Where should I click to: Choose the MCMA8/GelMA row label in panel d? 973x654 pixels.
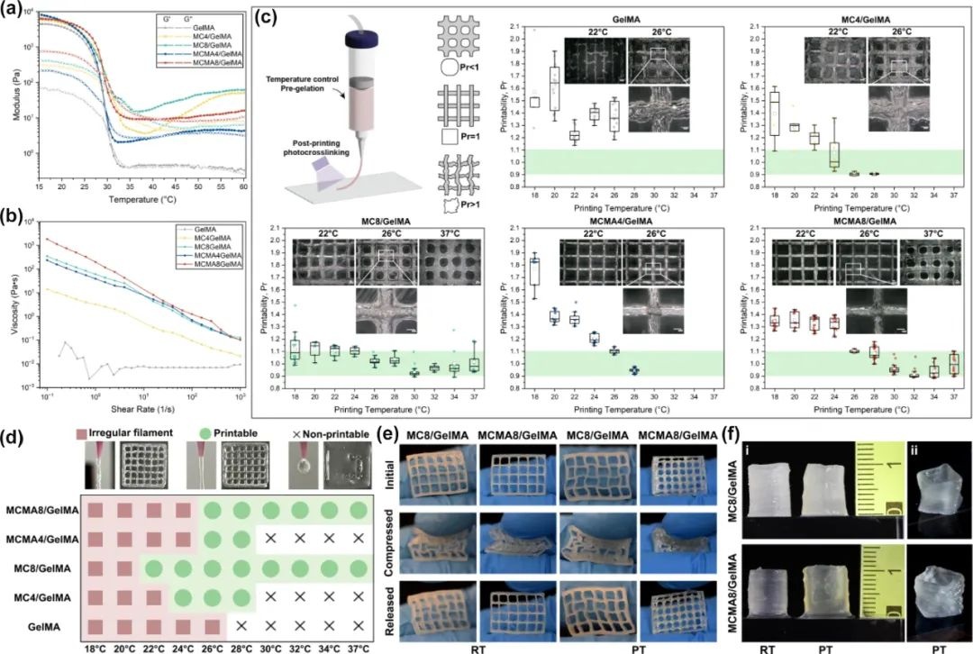pos(43,510)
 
